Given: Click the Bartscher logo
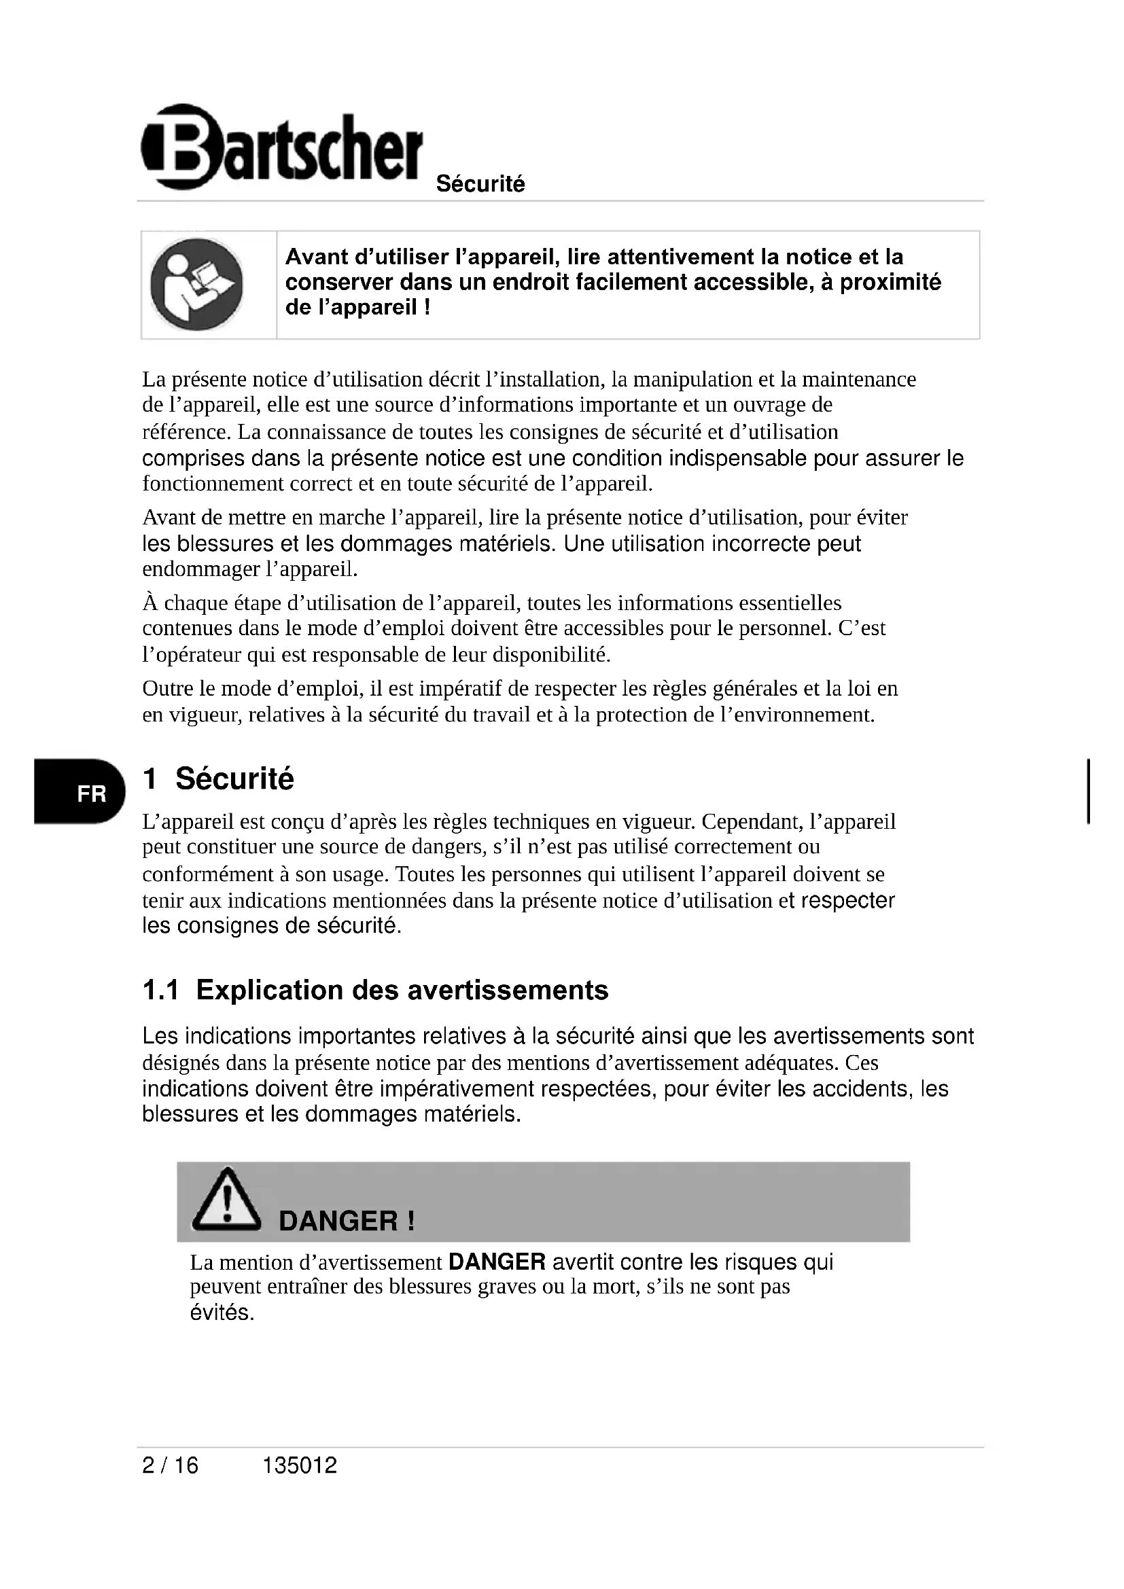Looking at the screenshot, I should tap(281, 147).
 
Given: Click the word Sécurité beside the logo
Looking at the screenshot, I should tap(480, 184).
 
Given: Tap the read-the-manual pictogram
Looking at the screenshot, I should tap(196, 285).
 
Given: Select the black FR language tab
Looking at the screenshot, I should tap(80, 792).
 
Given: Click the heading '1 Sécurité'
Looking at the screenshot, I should tap(218, 779).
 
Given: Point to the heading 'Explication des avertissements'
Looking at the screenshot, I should tap(402, 990).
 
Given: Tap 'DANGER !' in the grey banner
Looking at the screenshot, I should tap(346, 1221).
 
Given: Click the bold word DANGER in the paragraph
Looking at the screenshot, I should tap(497, 1262).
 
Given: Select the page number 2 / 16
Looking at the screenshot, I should tap(170, 1465).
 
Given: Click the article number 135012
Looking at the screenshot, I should tap(300, 1465).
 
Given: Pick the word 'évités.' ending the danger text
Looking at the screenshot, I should tap(222, 1313).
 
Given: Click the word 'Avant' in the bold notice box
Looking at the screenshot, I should tap(316, 257).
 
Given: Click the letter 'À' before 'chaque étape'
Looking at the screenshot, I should tap(150, 603).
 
